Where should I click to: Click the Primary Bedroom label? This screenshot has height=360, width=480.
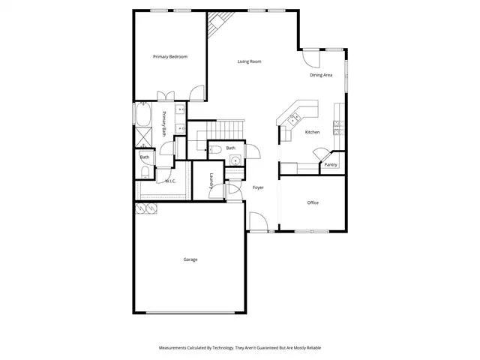click(x=170, y=57)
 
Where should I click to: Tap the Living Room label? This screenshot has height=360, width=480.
click(x=250, y=61)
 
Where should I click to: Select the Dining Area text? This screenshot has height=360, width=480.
click(x=321, y=75)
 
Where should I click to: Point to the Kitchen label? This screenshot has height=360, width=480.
click(x=313, y=132)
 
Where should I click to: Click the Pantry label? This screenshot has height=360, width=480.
click(x=331, y=165)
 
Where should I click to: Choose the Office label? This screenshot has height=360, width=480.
click(x=313, y=202)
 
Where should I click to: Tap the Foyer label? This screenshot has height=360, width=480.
click(x=258, y=187)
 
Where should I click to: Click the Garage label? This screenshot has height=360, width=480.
click(x=190, y=259)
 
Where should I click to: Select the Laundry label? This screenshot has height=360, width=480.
click(x=211, y=181)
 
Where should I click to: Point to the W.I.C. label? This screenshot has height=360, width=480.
click(x=170, y=181)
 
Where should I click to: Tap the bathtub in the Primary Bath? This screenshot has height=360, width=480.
click(x=143, y=114)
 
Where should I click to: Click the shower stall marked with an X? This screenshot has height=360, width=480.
click(x=143, y=137)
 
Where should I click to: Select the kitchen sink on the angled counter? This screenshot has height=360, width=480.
click(x=294, y=118)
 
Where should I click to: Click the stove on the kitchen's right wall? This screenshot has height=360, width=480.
click(x=338, y=128)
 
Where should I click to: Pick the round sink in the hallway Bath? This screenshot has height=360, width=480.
click(x=235, y=160)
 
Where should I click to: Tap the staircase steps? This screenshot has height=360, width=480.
click(x=226, y=130)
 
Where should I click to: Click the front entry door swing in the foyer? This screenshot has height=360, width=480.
click(x=259, y=222)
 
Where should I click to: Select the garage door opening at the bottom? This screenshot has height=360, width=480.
click(x=190, y=313)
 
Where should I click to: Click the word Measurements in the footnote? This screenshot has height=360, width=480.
click(x=172, y=348)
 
